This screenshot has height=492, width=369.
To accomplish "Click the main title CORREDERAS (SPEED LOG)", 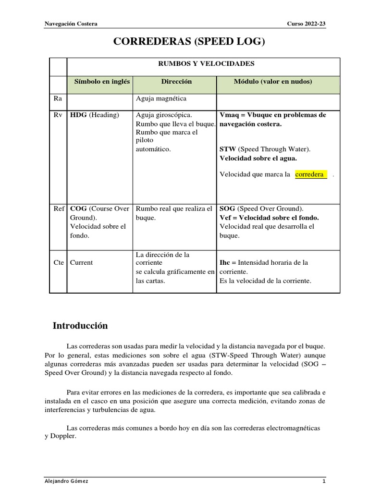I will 189,42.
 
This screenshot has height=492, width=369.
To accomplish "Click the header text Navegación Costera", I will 71,24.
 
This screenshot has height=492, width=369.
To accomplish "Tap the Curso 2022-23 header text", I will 306,24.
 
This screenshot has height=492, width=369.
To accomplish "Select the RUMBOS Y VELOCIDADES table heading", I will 207,63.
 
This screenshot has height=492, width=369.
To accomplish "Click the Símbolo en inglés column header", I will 102,82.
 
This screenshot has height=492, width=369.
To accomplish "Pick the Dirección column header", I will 176,82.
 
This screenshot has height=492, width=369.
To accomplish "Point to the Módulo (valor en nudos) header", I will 273,82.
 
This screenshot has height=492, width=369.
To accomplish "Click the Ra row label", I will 58,98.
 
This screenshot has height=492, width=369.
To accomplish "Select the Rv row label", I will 58,115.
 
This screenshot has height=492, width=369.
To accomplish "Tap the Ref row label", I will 59,209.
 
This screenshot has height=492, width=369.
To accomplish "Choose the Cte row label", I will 59,263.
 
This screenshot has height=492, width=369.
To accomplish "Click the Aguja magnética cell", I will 161,98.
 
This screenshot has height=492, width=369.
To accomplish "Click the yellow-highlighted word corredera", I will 309,174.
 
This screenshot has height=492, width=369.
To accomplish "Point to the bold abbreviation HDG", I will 78,115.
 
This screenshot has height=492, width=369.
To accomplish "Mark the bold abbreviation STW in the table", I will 227,149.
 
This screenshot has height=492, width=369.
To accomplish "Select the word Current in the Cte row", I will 81,263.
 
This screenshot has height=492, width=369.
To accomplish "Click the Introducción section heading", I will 80,326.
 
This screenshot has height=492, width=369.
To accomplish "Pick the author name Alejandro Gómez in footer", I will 66,481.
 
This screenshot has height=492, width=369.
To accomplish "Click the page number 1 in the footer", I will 324,481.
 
